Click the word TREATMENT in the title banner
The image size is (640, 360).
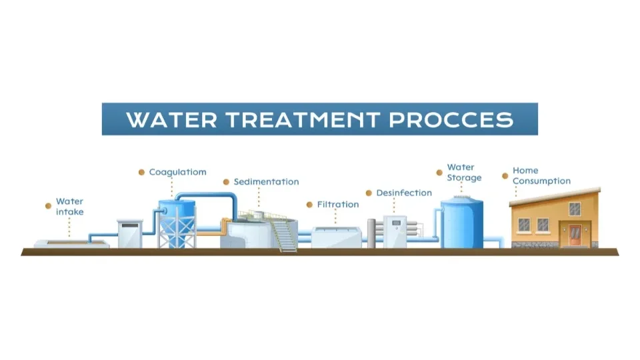[303, 119]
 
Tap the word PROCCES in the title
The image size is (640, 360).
[451, 119]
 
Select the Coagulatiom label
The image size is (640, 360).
[177, 172]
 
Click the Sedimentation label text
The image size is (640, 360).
[266, 181]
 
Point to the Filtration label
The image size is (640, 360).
[338, 204]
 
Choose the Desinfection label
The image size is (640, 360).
[404, 193]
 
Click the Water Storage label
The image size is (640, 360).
[464, 172]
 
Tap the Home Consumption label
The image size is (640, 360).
[541, 175]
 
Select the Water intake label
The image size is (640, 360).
[70, 207]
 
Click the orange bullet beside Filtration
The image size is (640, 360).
[309, 205]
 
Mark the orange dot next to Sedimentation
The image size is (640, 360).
[226, 182]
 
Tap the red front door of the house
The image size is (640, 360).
[575, 235]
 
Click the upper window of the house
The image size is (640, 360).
[575, 209]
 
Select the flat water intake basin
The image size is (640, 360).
[71, 244]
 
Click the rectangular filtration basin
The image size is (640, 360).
[336, 237]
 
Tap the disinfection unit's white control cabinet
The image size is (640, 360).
[395, 231]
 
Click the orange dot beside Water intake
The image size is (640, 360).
[48, 206]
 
